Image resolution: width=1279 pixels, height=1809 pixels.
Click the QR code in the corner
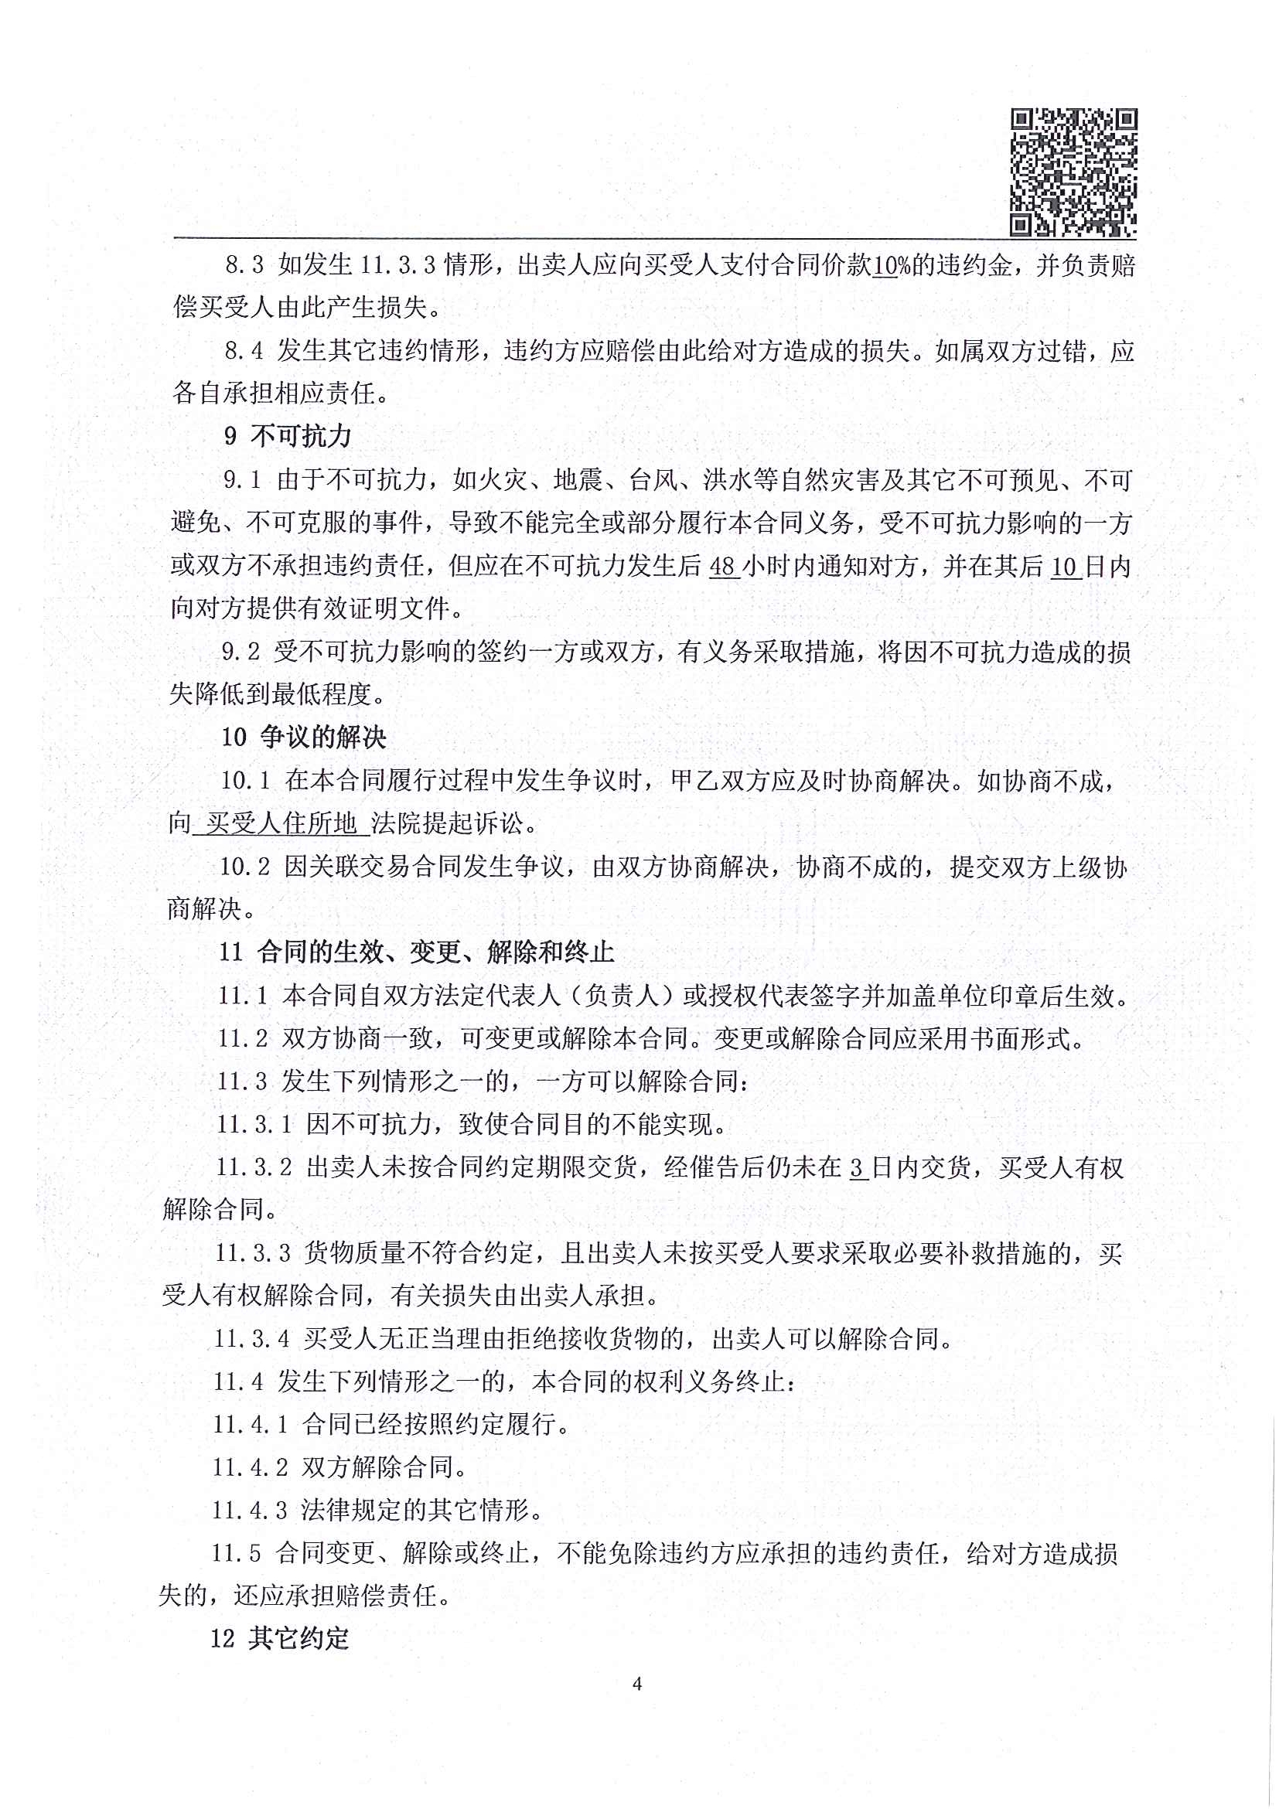tap(1073, 172)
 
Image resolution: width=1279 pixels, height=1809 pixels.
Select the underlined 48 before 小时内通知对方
tap(724, 567)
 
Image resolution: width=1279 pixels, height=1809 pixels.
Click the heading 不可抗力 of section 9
tap(301, 437)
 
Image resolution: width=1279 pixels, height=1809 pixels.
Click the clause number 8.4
tap(244, 352)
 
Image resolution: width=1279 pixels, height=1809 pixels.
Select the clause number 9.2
tap(241, 652)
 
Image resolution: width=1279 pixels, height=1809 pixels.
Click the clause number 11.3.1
tap(254, 1124)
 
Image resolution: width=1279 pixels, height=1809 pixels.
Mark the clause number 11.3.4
tap(252, 1339)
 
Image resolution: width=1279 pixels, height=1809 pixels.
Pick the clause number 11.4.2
tap(250, 1467)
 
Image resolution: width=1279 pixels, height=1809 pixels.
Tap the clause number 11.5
tap(237, 1553)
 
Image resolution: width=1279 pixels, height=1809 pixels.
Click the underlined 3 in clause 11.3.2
tap(858, 1167)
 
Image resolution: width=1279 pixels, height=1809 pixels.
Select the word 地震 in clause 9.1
tap(578, 480)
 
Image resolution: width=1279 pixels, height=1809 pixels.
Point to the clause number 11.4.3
tap(250, 1511)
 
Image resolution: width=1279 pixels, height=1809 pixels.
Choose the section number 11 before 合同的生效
tap(231, 952)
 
